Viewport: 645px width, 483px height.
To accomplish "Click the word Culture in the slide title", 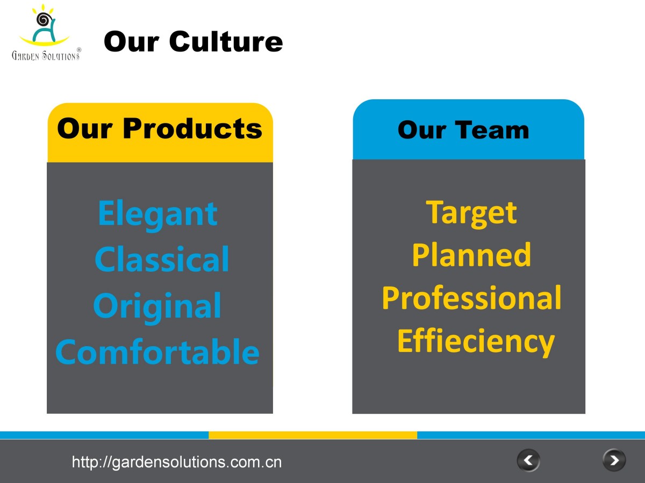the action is pos(226,41).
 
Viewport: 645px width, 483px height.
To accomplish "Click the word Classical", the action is pos(162,259).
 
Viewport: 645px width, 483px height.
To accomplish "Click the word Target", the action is pos(471,214).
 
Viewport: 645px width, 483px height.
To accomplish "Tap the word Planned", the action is pos(471,254).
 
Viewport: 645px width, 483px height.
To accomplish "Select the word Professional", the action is pos(471,298).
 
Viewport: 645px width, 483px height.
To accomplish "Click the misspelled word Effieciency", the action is pos(476,342).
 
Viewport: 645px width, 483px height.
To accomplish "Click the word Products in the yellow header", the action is pos(192,128).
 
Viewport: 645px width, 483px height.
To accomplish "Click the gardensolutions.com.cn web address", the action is pos(177,462).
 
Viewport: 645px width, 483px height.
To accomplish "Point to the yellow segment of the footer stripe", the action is pos(313,435).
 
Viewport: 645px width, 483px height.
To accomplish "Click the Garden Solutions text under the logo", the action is pos(45,55).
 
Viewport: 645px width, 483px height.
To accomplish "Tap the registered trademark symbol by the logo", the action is pos(79,50).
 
